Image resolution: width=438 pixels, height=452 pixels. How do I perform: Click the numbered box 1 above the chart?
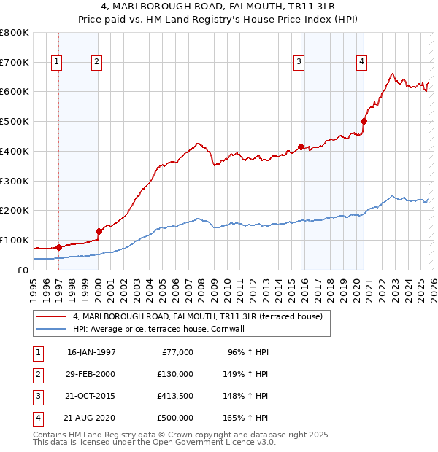[x=57, y=63]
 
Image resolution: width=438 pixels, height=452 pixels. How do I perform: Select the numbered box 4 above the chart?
[x=361, y=63]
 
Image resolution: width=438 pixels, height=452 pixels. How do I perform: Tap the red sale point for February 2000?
[x=99, y=231]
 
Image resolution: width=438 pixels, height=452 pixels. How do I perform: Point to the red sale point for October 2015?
[x=301, y=147]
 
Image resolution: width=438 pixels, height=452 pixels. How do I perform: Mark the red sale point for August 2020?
[x=364, y=121]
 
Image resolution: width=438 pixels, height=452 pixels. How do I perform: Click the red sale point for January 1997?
[x=58, y=247]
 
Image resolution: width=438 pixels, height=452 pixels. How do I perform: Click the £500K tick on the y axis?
[x=14, y=121]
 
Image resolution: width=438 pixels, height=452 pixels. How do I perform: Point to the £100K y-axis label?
[x=14, y=240]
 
